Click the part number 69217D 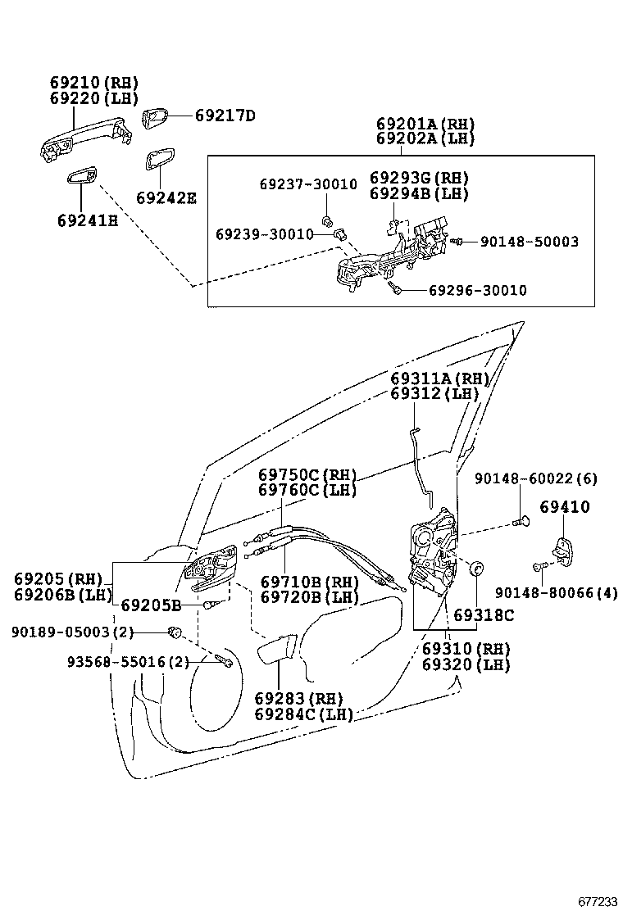point(225,116)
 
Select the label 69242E point(166,198)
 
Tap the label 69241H point(87,220)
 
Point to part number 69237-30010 point(303,185)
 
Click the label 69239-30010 point(264,234)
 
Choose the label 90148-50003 point(529,242)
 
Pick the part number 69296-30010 point(477,291)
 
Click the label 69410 point(564,507)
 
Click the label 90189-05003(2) point(72,632)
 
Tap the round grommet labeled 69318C point(473,568)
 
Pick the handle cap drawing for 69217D point(155,120)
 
